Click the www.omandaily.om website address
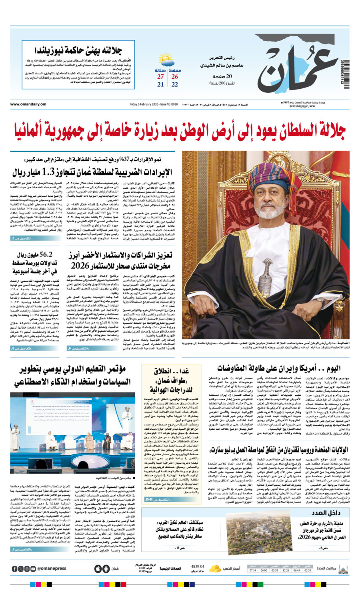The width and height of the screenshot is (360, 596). click(28, 104)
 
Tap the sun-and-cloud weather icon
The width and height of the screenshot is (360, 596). click(174, 62)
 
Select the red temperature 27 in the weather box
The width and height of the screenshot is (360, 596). click(160, 77)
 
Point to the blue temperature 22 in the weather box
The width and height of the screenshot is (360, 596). click(175, 85)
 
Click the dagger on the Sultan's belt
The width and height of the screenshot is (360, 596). click(264, 277)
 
